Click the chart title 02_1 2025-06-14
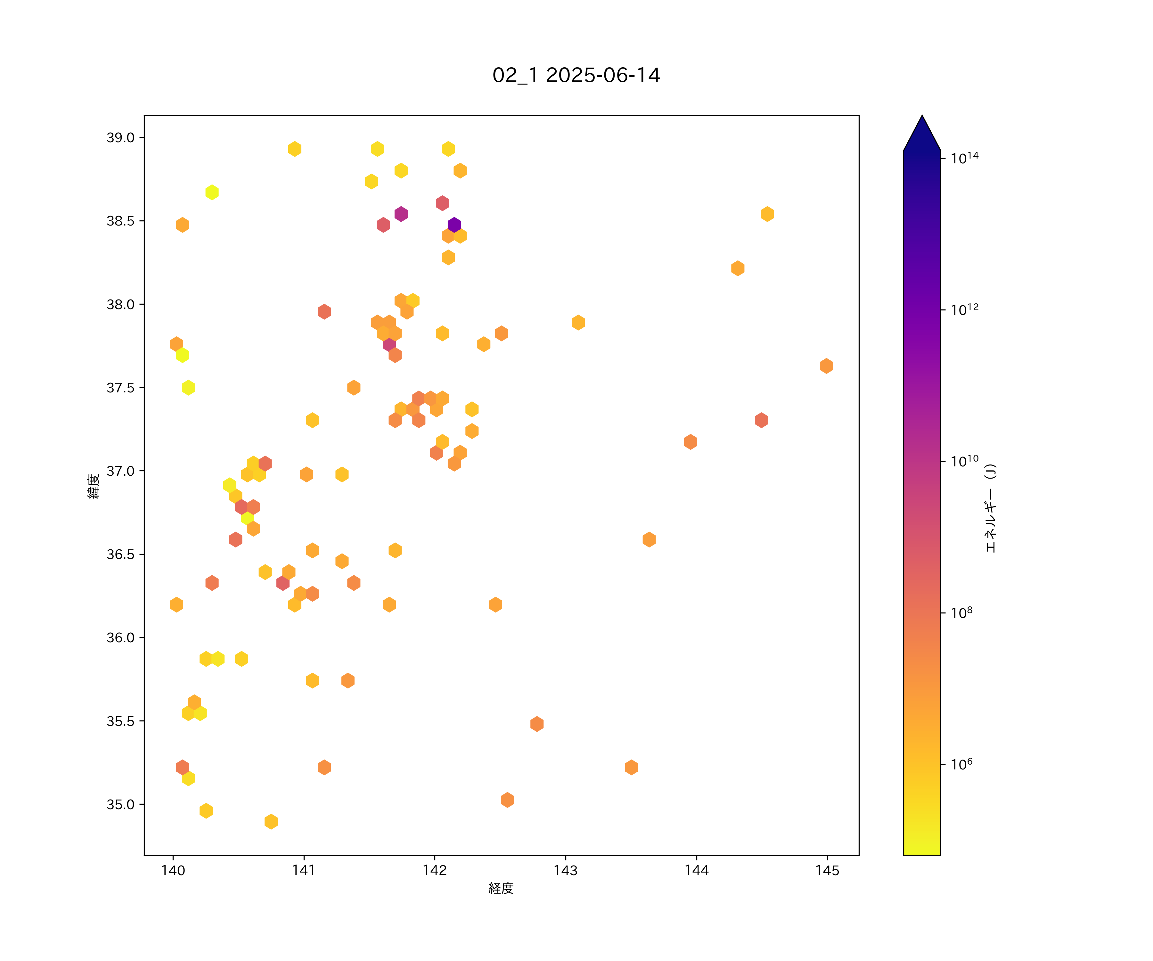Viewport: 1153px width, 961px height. point(576,75)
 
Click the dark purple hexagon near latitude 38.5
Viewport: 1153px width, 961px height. point(454,225)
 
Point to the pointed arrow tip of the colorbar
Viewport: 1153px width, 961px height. point(922,116)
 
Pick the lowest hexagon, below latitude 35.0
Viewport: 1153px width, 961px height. point(271,822)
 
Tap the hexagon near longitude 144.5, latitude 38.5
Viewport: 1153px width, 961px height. point(767,214)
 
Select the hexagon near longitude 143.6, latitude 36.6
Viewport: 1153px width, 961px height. point(649,539)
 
